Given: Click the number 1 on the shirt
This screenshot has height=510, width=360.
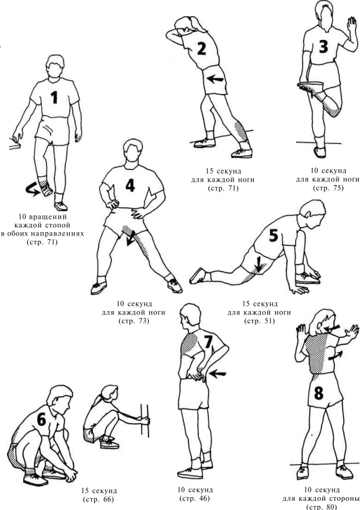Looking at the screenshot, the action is click(55, 97).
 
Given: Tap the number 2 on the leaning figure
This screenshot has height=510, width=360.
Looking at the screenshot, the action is click(202, 48).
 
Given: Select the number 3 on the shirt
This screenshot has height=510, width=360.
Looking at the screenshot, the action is click(323, 47).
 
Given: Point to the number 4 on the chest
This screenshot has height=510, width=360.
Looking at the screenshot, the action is click(130, 186).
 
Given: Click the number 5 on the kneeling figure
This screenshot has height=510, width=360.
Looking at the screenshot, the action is click(273, 236).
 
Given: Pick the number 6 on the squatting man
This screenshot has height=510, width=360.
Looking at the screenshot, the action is click(42, 419).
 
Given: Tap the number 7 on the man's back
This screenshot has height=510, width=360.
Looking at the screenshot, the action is click(208, 342).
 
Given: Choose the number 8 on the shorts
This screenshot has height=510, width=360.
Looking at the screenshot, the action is click(318, 393).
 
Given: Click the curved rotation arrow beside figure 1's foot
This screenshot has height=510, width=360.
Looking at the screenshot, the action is click(32, 189).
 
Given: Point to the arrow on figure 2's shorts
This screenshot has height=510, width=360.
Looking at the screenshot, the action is click(215, 78).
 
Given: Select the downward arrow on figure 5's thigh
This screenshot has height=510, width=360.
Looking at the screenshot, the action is click(258, 264).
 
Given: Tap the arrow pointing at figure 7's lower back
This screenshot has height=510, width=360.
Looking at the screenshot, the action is click(217, 374).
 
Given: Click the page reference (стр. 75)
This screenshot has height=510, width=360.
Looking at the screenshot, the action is click(328, 188).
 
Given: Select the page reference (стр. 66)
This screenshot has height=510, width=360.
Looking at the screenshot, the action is click(99, 500).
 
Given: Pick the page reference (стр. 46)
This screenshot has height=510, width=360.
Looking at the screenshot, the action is click(195, 498).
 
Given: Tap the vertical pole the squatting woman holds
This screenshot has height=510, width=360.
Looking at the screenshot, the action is click(145, 421).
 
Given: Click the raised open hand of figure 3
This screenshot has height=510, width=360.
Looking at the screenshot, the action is click(351, 25).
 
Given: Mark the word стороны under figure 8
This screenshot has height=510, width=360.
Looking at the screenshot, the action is click(344, 499).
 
